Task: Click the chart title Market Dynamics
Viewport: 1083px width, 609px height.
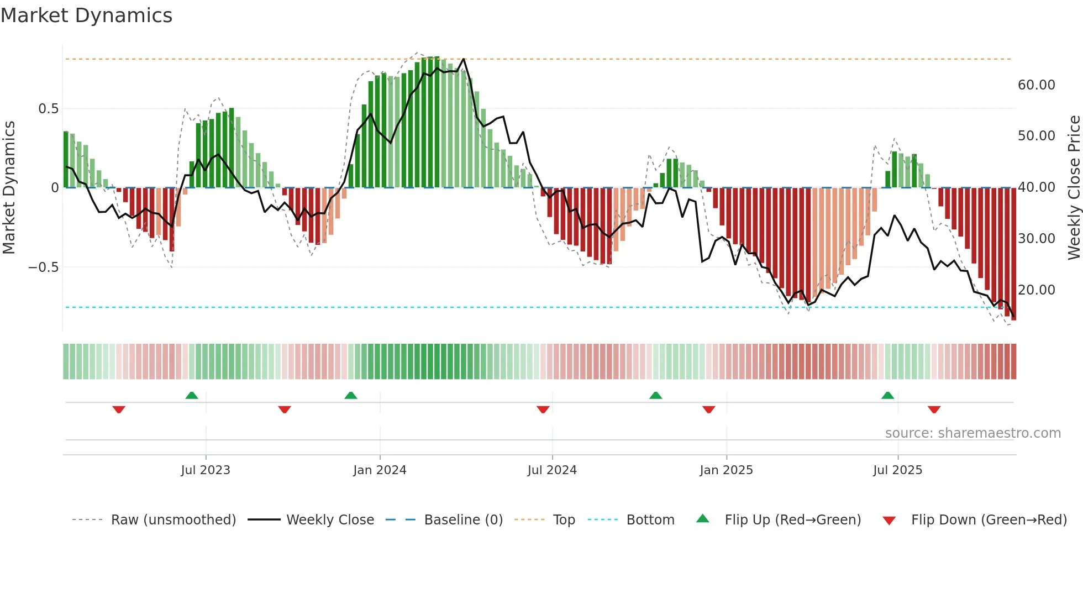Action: [86, 15]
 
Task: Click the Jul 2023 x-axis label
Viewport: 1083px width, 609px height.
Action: [206, 470]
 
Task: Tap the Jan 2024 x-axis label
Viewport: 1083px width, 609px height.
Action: [380, 470]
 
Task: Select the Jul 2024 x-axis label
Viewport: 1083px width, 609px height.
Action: [552, 470]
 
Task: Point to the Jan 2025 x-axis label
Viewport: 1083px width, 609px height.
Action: [726, 470]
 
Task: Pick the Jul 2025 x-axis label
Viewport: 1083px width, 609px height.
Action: [897, 470]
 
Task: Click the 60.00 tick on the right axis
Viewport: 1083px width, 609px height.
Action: [1036, 85]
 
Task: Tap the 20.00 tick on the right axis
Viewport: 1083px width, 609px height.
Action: [1036, 290]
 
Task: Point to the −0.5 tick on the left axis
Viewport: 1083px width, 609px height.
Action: [43, 267]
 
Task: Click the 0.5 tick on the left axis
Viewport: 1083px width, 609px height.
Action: [48, 109]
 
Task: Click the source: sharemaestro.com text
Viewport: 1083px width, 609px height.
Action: [972, 433]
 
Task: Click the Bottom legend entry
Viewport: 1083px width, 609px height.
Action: [650, 520]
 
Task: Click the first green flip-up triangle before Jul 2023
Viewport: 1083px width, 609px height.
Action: [192, 396]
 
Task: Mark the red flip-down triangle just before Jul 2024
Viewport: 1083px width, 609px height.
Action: [543, 410]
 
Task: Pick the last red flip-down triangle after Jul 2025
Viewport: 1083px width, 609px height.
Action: [934, 410]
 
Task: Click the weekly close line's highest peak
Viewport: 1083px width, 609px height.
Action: [464, 59]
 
